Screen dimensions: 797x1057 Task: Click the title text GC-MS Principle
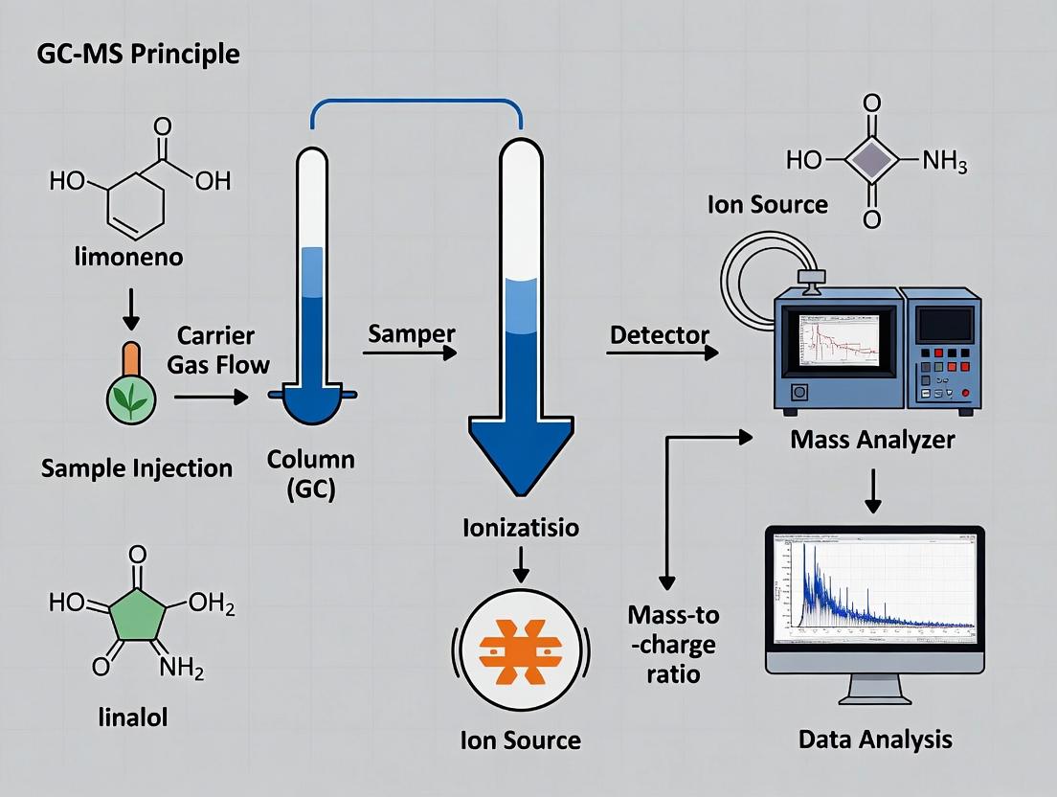[x=138, y=53]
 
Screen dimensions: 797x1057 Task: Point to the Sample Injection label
[x=137, y=468]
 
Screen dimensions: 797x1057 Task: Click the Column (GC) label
[x=310, y=472]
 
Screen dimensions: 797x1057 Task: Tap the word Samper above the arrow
[x=411, y=333]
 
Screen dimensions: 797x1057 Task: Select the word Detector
[x=659, y=334]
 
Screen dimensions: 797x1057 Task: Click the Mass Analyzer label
[x=872, y=440]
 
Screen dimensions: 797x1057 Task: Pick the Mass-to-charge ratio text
[x=673, y=644]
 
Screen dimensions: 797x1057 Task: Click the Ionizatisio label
[x=520, y=528]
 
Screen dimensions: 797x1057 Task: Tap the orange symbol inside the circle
[x=521, y=650]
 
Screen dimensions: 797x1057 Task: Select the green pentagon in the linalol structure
[x=138, y=613]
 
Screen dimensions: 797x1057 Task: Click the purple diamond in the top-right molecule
[x=870, y=159]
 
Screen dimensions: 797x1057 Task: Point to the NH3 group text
[x=944, y=162]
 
